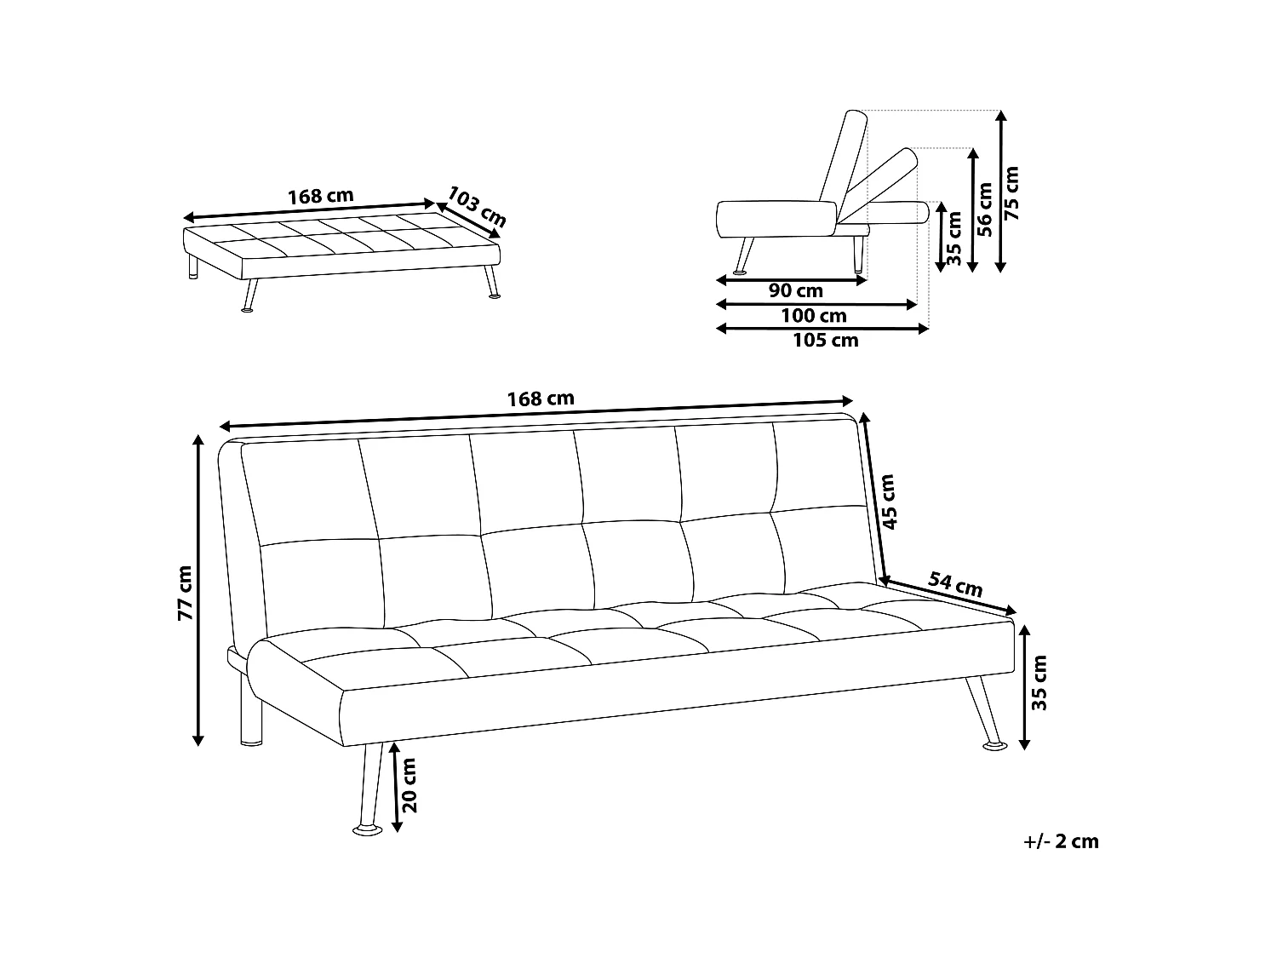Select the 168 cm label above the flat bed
click(x=320, y=196)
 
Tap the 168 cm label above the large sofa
click(x=541, y=399)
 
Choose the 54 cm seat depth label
click(x=955, y=584)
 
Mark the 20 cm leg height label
click(x=409, y=784)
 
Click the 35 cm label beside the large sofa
click(x=1039, y=681)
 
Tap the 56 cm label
click(x=985, y=209)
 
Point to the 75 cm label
click(x=1011, y=192)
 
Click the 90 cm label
click(x=795, y=291)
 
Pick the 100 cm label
click(x=813, y=316)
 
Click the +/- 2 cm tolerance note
click(x=1061, y=842)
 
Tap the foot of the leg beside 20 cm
click(x=368, y=828)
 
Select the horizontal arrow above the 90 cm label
click(x=792, y=278)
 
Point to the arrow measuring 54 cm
click(x=950, y=596)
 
